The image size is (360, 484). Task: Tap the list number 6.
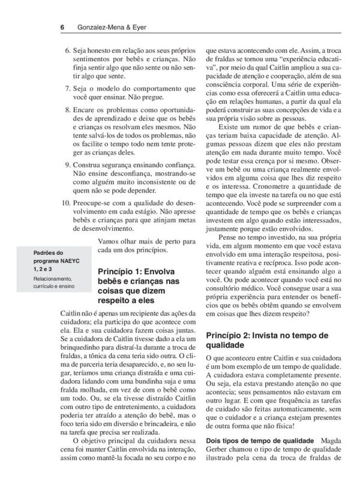point(67,52)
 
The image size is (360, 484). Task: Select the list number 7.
point(67,89)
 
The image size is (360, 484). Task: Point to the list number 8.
point(67,111)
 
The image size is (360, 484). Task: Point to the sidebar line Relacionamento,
point(54,279)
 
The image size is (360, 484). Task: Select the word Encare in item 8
point(86,111)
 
